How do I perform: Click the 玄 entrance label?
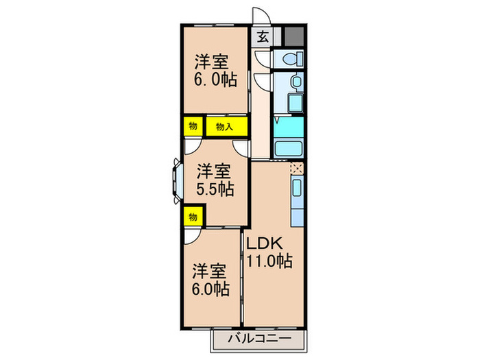[263, 37]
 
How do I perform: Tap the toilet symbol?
[289, 59]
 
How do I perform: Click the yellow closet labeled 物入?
[225, 127]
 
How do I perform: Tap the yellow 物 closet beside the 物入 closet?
[193, 127]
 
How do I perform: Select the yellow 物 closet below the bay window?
[193, 217]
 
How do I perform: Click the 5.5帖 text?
[214, 190]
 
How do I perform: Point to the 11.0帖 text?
[270, 261]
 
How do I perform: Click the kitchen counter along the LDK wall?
[297, 203]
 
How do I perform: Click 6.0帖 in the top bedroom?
[215, 80]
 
